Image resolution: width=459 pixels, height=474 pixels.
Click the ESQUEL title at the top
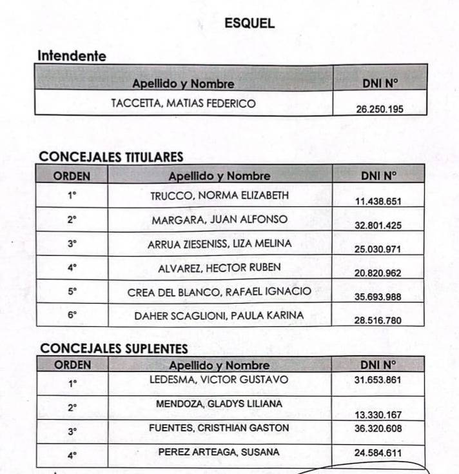click(x=249, y=23)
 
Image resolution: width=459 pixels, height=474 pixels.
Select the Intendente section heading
click(x=72, y=56)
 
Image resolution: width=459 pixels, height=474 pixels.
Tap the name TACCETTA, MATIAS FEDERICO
click(x=183, y=103)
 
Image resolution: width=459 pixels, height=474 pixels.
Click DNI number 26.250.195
click(x=380, y=109)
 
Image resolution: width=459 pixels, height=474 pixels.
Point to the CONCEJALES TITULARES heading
click(x=111, y=157)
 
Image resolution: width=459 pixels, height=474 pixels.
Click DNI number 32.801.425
click(x=378, y=225)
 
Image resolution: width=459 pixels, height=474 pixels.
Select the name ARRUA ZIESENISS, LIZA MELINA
click(x=219, y=243)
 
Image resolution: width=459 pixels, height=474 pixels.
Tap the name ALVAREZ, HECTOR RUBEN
click(x=219, y=267)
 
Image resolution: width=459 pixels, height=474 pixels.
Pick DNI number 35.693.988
click(x=378, y=297)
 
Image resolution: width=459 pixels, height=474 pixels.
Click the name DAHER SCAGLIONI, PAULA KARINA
click(x=219, y=315)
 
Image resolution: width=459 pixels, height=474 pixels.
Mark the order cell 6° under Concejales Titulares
click(x=72, y=315)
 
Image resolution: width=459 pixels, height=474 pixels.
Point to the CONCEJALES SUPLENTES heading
click(x=114, y=349)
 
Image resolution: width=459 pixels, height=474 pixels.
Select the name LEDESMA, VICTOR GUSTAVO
click(x=219, y=380)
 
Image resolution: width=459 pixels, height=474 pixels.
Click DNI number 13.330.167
click(x=378, y=415)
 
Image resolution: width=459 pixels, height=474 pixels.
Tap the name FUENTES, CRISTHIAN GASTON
click(x=219, y=428)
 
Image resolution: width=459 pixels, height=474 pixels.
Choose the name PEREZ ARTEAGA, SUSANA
click(x=219, y=452)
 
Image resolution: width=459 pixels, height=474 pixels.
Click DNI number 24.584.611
click(x=378, y=453)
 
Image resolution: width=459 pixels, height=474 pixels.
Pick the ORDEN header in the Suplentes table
click(x=72, y=365)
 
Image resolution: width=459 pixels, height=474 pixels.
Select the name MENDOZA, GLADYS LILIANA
click(x=219, y=403)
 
